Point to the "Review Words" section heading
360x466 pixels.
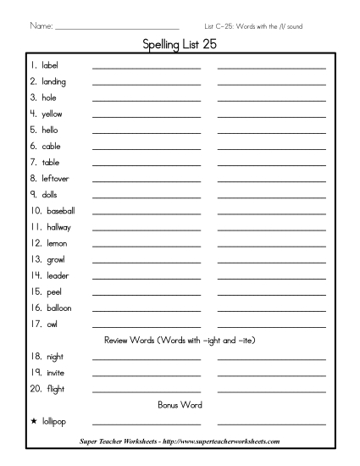coord(180,340)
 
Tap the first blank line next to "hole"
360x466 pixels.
coord(147,100)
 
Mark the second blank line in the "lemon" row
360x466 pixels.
coord(271,246)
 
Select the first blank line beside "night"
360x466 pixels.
coord(147,359)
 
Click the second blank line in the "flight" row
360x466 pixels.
coord(271,391)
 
